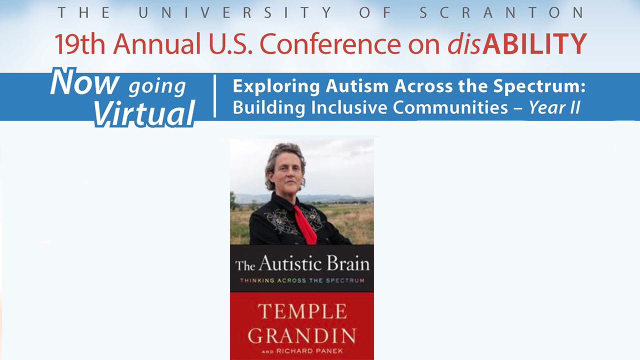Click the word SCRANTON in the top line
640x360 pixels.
click(x=501, y=12)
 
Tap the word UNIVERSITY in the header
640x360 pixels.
click(x=235, y=12)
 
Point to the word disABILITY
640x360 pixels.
click(x=517, y=43)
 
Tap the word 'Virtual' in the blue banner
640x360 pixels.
click(x=144, y=113)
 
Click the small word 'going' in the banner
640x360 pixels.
click(x=157, y=87)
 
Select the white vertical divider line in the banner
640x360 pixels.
click(x=215, y=96)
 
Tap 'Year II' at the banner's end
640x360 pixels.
click(x=554, y=107)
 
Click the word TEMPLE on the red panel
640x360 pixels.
click(x=302, y=311)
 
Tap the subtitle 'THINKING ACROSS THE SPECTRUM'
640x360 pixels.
click(x=302, y=280)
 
